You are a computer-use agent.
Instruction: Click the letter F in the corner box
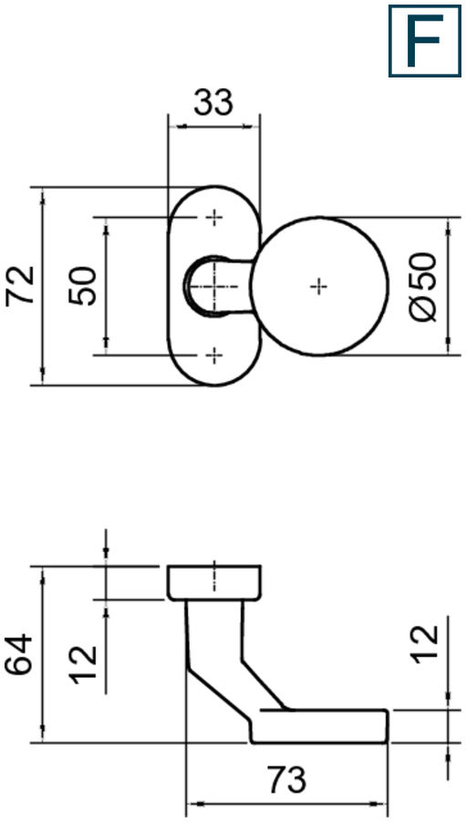[425, 41]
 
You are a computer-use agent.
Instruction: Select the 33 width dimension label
[213, 103]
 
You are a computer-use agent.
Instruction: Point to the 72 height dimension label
[20, 286]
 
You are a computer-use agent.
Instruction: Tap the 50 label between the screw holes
[83, 286]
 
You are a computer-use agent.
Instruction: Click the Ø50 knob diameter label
[423, 287]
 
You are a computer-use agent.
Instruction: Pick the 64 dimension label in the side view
[19, 654]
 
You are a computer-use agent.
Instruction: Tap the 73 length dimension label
[286, 779]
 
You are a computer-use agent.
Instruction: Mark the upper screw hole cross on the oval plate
[213, 217]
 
